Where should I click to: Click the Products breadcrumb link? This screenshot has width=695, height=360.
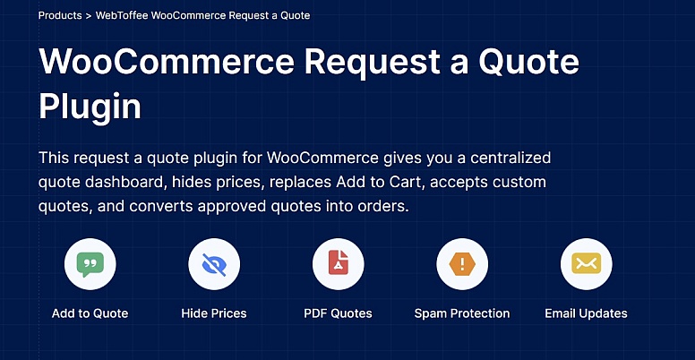61,16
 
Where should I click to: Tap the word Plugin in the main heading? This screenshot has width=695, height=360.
90,107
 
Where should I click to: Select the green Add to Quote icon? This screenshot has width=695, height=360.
90,264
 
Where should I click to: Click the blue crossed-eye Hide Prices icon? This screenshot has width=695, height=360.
214,264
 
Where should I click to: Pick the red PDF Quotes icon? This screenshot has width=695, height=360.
338,264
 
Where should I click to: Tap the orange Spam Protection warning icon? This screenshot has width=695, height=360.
462,264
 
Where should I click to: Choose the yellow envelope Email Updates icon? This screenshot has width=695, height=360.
586,264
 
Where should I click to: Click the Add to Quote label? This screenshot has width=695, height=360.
90,313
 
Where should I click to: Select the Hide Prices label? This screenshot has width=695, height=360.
214,313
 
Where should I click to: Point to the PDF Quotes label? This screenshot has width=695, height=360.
338,313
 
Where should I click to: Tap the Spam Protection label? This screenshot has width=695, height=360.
462,313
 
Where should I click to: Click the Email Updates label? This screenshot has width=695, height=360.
586,313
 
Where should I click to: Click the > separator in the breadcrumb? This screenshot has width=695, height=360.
89,16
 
